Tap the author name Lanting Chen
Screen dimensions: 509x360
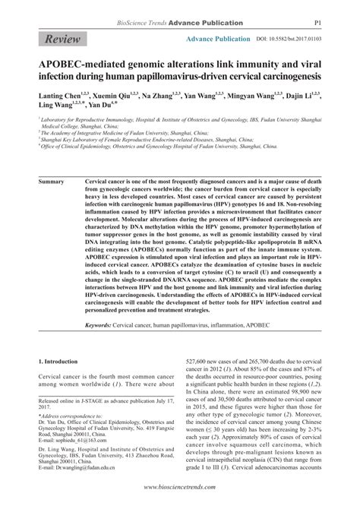[51, 99]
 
